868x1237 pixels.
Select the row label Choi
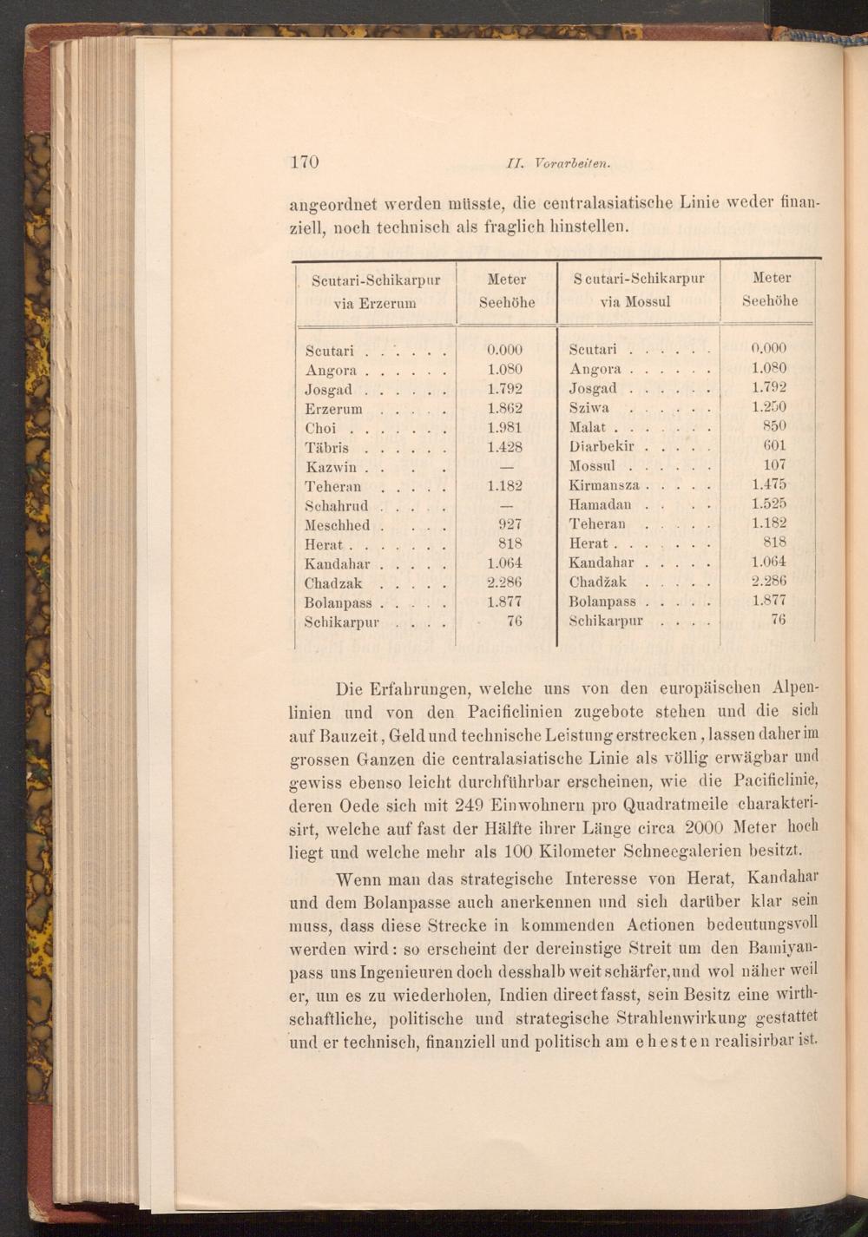[320, 428]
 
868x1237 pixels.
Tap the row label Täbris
[327, 448]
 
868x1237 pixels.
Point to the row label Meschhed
[338, 525]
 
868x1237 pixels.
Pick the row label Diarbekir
[603, 447]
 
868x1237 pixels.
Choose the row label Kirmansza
[604, 486]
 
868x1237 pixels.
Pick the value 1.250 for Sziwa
[769, 407]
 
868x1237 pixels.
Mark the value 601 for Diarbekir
[774, 446]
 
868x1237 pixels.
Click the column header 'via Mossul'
[638, 302]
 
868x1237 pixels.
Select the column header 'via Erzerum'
[375, 303]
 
